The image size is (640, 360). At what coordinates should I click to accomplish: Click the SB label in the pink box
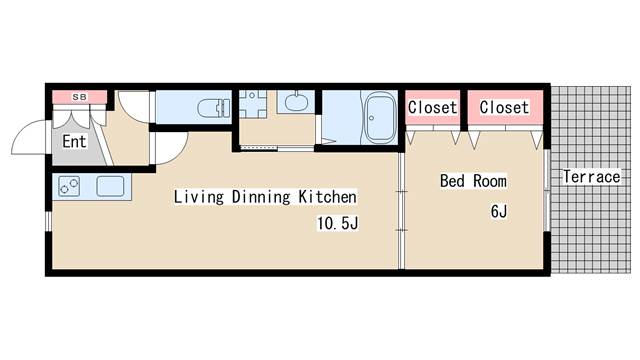(80, 97)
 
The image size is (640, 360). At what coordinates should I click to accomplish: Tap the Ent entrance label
(74, 142)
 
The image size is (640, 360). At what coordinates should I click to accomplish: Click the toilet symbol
(214, 108)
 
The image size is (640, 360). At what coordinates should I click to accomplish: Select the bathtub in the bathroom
(380, 117)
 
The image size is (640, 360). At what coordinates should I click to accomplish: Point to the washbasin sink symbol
(296, 102)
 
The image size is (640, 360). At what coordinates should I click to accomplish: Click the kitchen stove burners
(69, 186)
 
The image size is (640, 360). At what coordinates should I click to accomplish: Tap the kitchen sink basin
(110, 186)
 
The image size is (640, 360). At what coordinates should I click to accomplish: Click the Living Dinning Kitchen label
(265, 197)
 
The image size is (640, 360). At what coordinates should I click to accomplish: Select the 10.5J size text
(338, 223)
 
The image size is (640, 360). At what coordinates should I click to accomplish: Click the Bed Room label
(473, 181)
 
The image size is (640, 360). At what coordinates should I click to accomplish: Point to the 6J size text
(499, 211)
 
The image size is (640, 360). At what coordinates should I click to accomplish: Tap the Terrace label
(592, 177)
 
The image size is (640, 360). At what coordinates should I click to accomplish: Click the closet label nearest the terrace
(504, 107)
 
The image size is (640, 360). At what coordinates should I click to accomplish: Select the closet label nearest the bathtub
(433, 107)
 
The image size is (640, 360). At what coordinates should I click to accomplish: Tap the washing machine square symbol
(252, 104)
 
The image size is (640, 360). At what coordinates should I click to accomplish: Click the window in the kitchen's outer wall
(48, 221)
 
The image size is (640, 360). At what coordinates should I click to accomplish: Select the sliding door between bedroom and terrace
(547, 191)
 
